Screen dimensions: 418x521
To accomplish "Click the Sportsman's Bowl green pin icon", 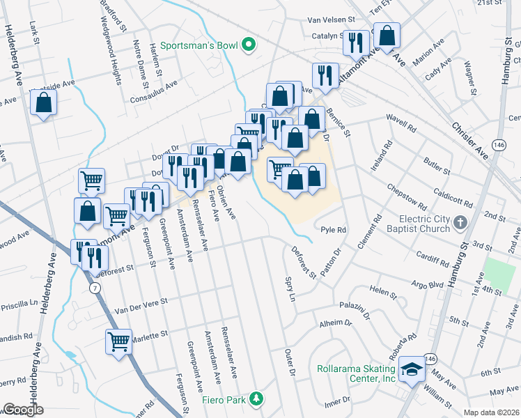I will click(x=249, y=46).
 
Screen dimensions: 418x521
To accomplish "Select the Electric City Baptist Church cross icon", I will click(x=459, y=223).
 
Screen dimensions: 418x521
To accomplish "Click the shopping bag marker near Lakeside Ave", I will click(x=43, y=103).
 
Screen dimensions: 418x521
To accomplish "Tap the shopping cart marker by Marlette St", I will click(x=119, y=342).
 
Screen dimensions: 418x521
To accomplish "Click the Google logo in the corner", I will click(x=23, y=410).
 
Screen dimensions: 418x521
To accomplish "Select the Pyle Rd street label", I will click(x=333, y=229).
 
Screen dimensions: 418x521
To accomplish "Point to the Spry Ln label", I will click(x=290, y=287).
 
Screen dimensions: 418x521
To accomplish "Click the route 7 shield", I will click(x=93, y=287).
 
